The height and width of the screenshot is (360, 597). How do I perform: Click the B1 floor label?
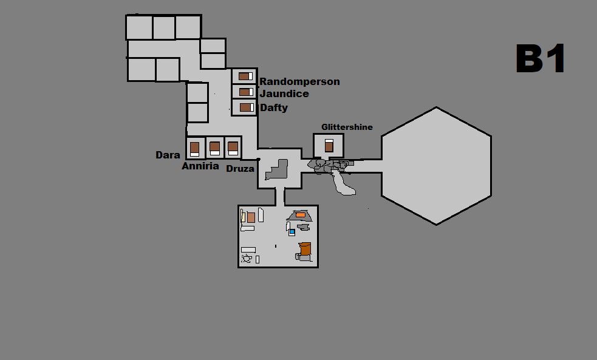541,58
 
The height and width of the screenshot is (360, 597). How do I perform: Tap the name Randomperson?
299,82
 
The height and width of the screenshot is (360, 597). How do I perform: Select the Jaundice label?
284,93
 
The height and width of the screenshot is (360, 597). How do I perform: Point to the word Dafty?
274,107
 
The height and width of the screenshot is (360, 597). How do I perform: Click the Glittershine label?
347,127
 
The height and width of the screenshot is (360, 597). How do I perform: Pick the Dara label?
168,155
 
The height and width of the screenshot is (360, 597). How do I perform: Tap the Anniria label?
200,166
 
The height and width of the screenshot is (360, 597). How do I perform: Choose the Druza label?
240,169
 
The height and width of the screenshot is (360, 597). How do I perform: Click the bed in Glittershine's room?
329,146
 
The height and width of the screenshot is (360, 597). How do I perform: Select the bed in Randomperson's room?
245,76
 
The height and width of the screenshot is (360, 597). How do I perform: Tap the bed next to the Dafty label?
247,107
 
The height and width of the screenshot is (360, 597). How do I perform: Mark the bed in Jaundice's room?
247,92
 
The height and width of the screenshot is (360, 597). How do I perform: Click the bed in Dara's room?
194,149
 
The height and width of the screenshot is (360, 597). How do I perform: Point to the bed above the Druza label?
233,148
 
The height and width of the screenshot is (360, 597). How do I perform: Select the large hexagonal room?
436,166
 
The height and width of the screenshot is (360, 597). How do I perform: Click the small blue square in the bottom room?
292,231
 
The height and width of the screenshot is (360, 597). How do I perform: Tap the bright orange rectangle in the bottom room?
301,215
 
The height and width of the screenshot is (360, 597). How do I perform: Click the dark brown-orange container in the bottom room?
305,249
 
